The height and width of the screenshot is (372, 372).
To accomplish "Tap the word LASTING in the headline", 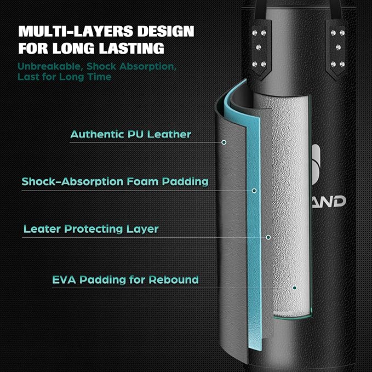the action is point(131,48).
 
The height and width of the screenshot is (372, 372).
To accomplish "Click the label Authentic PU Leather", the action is point(131,134).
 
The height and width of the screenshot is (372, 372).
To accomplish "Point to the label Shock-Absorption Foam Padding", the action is point(115,182).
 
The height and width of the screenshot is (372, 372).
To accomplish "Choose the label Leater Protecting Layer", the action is point(91,229).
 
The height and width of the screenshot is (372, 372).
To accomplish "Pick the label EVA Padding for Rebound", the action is point(125,280).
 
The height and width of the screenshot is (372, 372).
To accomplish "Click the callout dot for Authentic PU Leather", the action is point(224,142).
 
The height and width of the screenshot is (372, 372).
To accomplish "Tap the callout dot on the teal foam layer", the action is point(254,191).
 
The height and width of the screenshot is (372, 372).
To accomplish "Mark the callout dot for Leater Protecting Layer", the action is point(268,237).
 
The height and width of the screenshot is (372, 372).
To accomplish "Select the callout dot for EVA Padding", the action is point(294,288).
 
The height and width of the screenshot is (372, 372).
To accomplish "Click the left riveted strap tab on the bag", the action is point(259,49).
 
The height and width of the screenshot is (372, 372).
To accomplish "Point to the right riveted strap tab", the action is point(337,49).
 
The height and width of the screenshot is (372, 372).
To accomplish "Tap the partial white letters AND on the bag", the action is point(329,202).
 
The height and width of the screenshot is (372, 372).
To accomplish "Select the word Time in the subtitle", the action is point(100,77).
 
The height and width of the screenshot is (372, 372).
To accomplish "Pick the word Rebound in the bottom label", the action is point(174,280).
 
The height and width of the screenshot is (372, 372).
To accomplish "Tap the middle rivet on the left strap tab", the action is point(259,48).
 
